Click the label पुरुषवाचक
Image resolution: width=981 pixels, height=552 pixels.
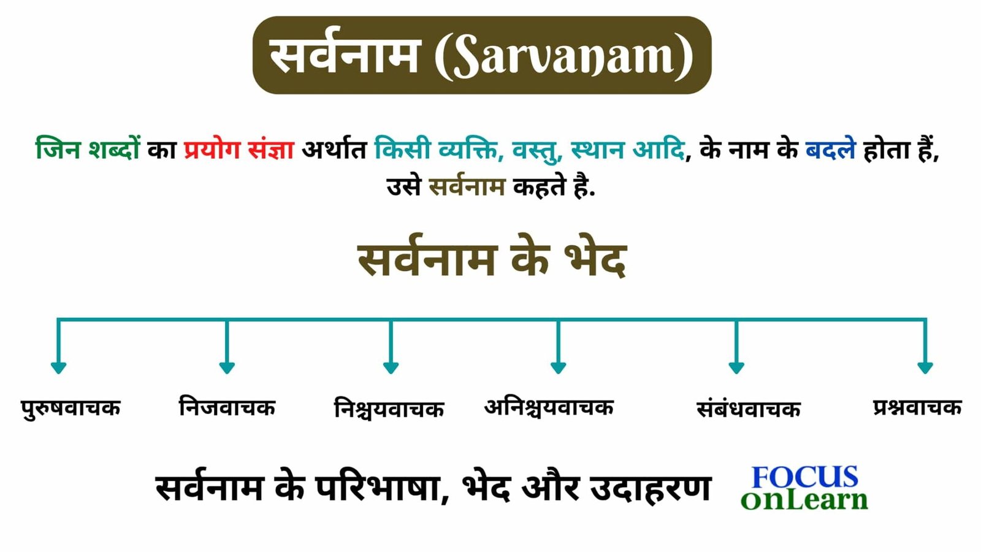pos(71,408)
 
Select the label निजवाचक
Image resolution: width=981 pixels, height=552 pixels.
pos(227,407)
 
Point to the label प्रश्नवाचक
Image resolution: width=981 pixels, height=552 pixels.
pos(917,407)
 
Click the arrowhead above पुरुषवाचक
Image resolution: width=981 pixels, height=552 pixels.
pos(58,367)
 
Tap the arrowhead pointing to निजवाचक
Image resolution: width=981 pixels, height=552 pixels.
pos(227,367)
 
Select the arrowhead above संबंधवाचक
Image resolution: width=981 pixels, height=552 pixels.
pos(736,367)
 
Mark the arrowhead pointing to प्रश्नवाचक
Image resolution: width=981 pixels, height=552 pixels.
pos(925,367)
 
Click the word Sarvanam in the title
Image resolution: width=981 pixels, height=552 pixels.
pos(564,56)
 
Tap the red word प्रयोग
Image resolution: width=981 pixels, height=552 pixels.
pos(212,150)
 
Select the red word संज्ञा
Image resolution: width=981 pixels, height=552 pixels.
pos(271,150)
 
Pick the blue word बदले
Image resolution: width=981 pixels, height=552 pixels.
pos(830,150)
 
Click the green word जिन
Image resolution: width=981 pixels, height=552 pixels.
pos(58,150)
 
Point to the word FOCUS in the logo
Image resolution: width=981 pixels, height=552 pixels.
pos(805,477)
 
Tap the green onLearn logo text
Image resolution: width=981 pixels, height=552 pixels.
pos(804,500)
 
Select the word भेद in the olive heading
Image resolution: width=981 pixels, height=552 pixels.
pos(595,260)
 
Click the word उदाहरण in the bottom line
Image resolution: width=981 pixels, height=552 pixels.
pos(650,489)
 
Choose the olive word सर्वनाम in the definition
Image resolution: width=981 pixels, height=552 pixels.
pos(467,186)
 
